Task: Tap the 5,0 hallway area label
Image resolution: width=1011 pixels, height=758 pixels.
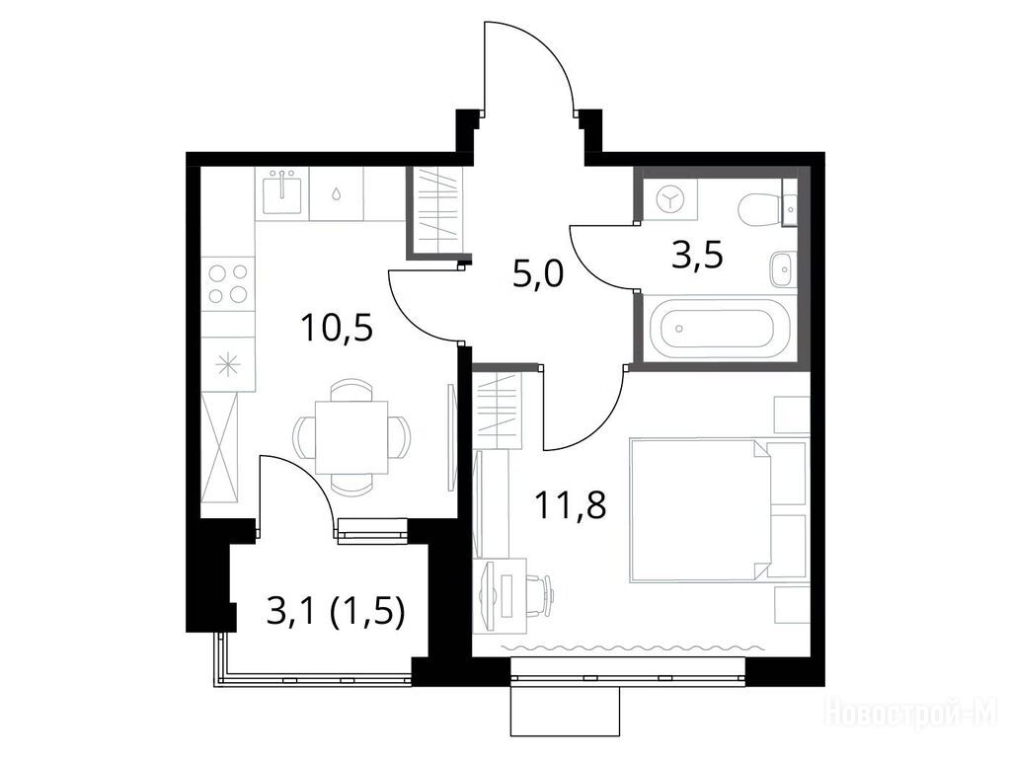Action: [x=538, y=273]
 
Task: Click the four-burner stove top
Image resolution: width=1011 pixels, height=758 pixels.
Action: [x=228, y=283]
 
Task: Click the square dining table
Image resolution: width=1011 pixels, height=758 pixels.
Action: [x=351, y=437]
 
